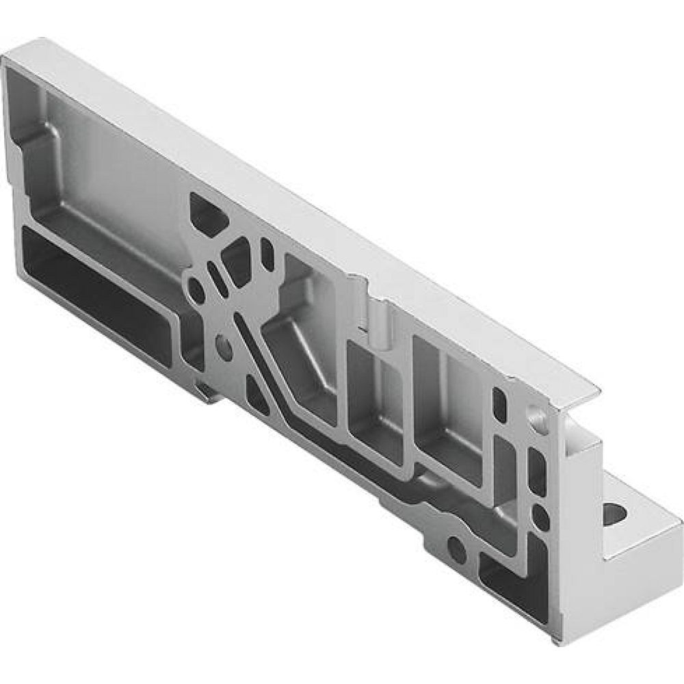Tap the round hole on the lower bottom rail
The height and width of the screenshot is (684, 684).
pos(456,545)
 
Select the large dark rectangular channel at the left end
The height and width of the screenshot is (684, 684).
pos(96,294)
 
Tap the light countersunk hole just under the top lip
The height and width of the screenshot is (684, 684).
pos(535,414)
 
